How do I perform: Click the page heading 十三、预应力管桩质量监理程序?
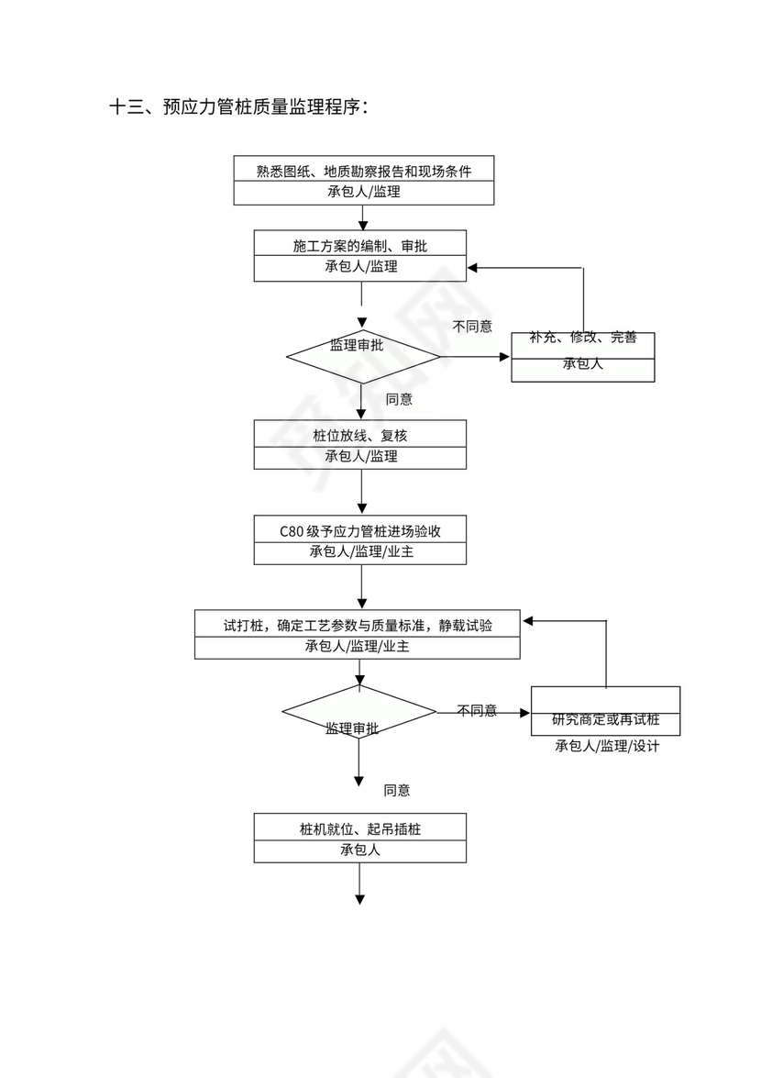pyautogui.click(x=239, y=107)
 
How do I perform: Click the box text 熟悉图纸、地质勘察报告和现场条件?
pyautogui.click(x=364, y=171)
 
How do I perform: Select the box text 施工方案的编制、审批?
pyautogui.click(x=360, y=245)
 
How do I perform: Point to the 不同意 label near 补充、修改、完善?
pyautogui.click(x=472, y=326)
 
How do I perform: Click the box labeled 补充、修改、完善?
pyautogui.click(x=583, y=338)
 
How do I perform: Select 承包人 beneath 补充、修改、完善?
pyautogui.click(x=583, y=363)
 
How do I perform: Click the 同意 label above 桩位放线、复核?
pyautogui.click(x=399, y=399)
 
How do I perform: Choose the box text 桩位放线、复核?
pyautogui.click(x=360, y=435)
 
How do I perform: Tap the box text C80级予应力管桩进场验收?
pyautogui.click(x=360, y=530)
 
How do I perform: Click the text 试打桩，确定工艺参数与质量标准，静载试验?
pyautogui.click(x=358, y=626)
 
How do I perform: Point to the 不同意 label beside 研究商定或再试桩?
pyautogui.click(x=477, y=710)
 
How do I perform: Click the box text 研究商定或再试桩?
pyautogui.click(x=605, y=719)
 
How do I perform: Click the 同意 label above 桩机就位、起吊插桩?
pyautogui.click(x=397, y=790)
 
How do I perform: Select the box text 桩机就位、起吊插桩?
pyautogui.click(x=360, y=829)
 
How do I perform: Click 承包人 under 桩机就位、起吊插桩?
pyautogui.click(x=360, y=850)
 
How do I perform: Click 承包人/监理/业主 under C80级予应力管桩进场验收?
pyautogui.click(x=360, y=552)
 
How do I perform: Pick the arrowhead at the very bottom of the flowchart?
pyautogui.click(x=360, y=899)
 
